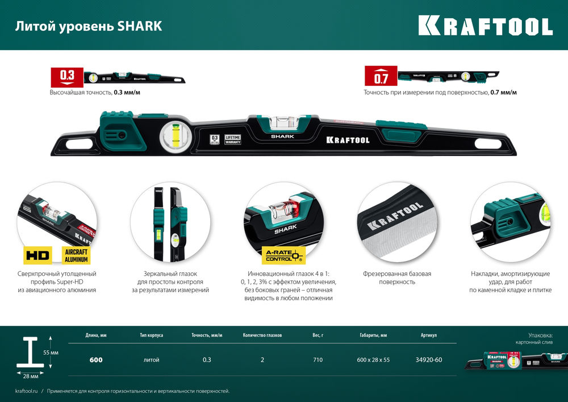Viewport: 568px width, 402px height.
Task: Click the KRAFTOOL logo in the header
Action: click(485, 26)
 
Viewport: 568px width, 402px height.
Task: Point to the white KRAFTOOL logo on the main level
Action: click(348, 140)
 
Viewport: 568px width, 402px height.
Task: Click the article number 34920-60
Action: click(429, 360)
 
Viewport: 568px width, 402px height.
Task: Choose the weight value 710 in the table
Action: click(318, 360)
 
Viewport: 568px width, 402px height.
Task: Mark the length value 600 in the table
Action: click(96, 360)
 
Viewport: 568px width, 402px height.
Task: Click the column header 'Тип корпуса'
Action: click(151, 335)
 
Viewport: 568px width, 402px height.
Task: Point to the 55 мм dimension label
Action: click(51, 352)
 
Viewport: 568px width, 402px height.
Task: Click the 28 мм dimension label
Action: click(31, 376)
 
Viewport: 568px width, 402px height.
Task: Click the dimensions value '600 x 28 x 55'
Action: click(373, 360)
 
